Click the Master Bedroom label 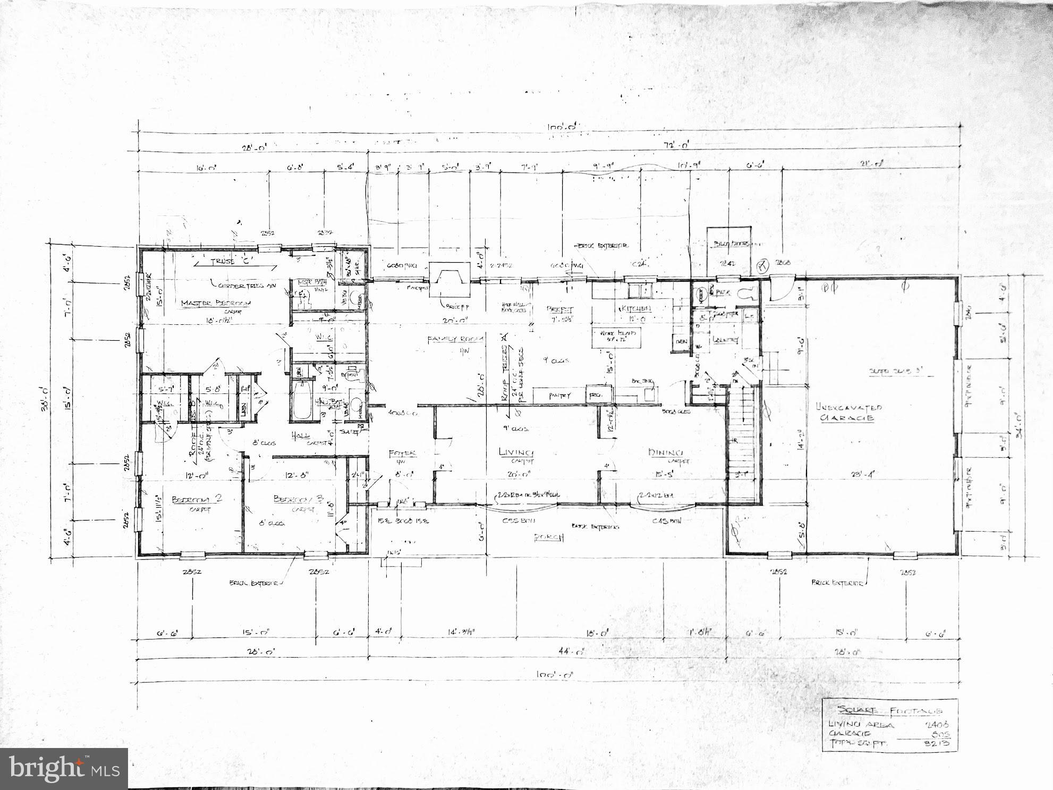216,303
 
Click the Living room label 515,452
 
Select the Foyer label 402,453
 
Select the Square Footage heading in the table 889,710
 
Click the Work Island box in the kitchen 616,337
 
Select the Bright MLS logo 64,769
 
